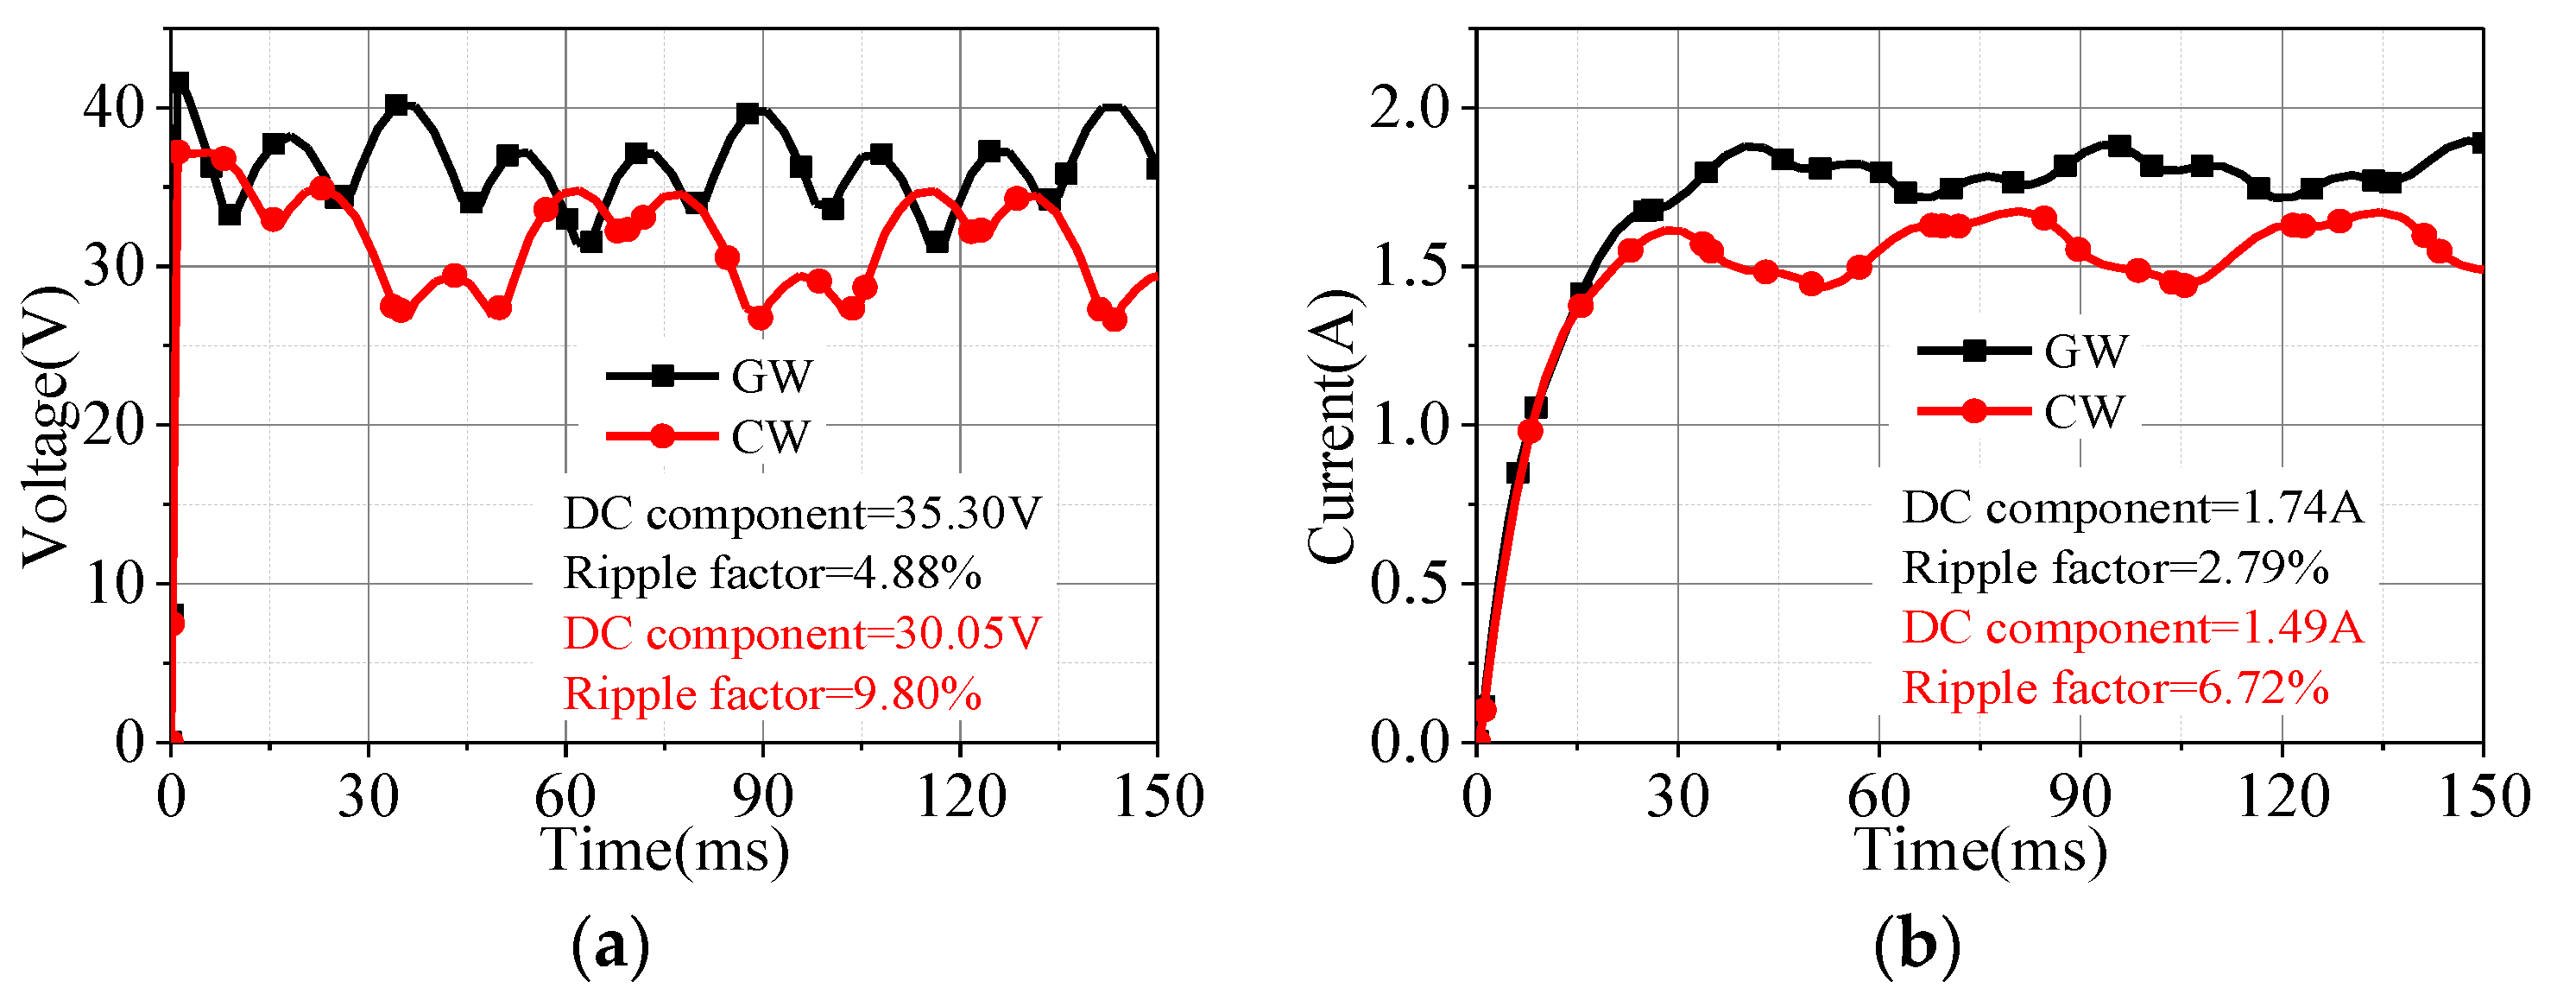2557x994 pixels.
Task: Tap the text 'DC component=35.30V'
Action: pos(802,513)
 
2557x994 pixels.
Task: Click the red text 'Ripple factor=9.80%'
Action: pos(773,693)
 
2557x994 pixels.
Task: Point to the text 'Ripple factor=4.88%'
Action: pos(773,573)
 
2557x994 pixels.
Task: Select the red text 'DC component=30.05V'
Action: pos(802,632)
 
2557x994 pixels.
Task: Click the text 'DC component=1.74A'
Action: pos(2132,508)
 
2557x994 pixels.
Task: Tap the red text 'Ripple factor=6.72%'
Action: pos(2114,687)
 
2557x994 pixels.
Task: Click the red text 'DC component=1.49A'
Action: pos(2132,628)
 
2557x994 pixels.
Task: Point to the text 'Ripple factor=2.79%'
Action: pos(2114,568)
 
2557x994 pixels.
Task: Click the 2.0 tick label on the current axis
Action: pos(1410,107)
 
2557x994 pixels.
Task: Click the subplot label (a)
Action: pos(611,947)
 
